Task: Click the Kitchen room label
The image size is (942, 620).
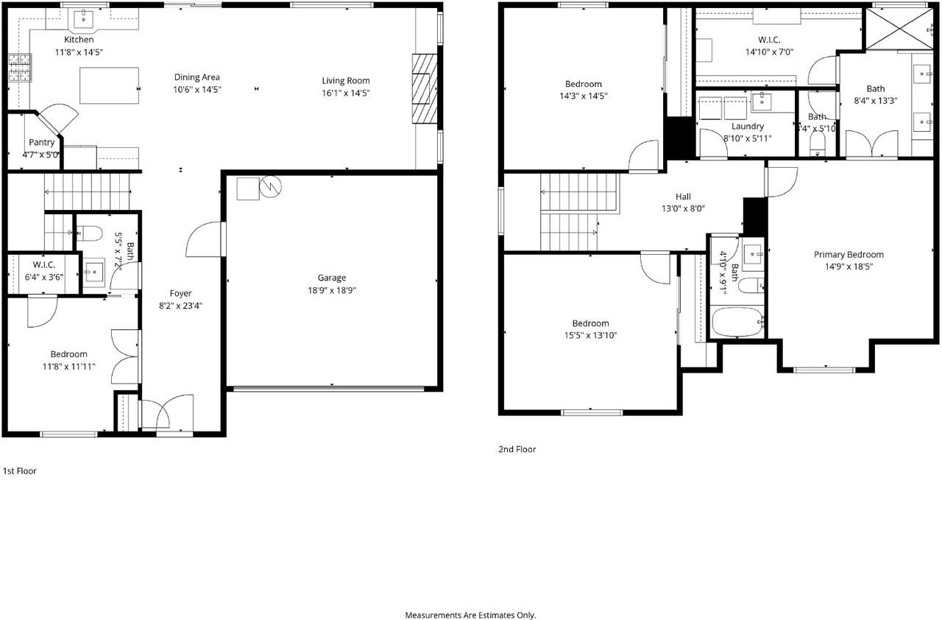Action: (79, 40)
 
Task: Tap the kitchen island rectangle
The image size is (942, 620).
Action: (109, 85)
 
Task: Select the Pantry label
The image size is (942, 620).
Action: (42, 142)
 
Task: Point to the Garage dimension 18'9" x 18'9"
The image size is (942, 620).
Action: (332, 290)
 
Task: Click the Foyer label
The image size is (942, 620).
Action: (180, 294)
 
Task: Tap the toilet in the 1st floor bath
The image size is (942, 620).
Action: (90, 233)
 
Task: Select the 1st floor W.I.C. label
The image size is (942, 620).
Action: (44, 265)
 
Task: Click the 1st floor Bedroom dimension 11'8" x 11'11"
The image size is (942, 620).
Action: (69, 367)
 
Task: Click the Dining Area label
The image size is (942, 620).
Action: (196, 77)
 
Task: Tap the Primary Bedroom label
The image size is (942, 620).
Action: (849, 255)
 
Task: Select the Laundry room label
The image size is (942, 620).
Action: (748, 127)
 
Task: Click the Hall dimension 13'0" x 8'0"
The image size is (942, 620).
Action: (683, 208)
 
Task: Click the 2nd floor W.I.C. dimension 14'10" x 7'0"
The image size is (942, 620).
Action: (769, 52)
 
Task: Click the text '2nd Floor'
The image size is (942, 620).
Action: (517, 449)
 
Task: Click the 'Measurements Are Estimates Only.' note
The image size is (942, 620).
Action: (470, 614)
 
